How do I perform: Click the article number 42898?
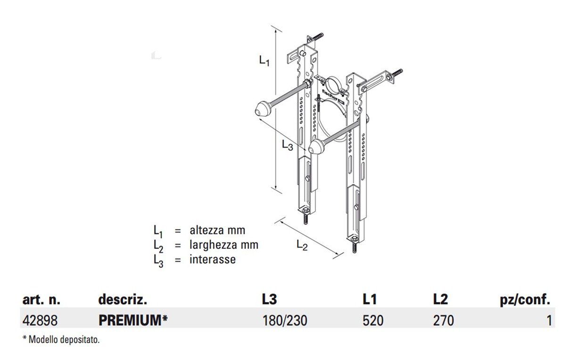(x=40, y=321)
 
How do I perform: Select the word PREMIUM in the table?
(x=130, y=321)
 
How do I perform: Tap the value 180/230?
(x=284, y=321)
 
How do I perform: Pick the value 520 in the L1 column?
(x=373, y=321)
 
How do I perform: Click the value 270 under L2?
(x=443, y=321)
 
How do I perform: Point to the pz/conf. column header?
(x=525, y=299)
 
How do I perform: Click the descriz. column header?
(x=123, y=299)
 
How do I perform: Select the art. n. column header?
(x=41, y=299)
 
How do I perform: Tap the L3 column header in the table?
(x=270, y=299)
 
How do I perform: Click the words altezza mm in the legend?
(x=217, y=230)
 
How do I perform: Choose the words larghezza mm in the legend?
(x=224, y=245)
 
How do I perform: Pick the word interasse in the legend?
(x=213, y=259)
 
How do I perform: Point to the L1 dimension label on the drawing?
(x=264, y=60)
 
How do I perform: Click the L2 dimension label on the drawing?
(x=302, y=245)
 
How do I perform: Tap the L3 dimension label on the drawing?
(x=287, y=145)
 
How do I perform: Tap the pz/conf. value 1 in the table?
(x=549, y=321)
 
